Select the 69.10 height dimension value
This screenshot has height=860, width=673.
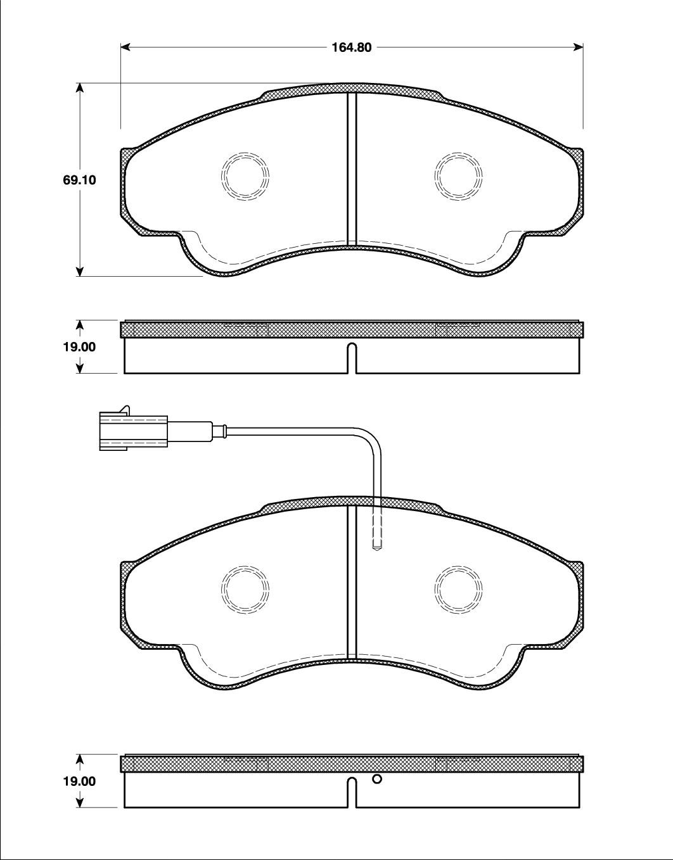80,180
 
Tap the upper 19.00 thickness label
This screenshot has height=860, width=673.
80,347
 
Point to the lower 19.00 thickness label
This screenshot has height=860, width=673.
80,781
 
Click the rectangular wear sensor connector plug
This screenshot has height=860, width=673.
133,431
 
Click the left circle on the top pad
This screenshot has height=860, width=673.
245,175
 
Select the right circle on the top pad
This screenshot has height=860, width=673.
458,175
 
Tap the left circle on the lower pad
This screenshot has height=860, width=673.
245,590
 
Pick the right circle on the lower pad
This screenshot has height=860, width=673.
458,590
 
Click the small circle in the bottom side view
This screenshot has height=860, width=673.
377,779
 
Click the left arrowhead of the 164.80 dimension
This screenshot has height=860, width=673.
125,47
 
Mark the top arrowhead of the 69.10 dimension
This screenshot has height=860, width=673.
80,87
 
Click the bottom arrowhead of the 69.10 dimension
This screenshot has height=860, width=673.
80,272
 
